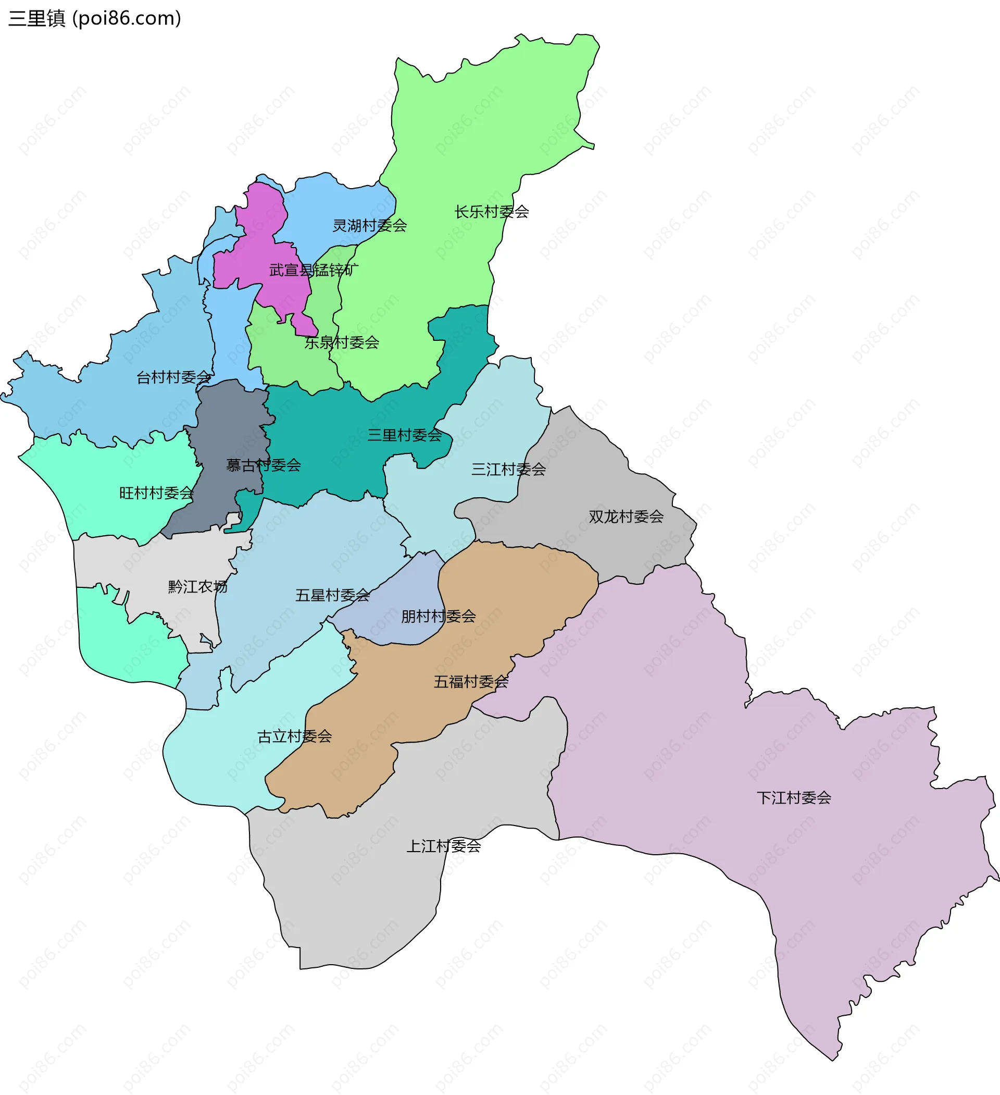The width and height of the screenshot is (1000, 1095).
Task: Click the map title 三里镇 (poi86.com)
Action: pos(94,18)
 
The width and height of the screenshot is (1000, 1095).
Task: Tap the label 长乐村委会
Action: pos(491,212)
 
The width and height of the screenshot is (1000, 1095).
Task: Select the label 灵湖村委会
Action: pos(370,225)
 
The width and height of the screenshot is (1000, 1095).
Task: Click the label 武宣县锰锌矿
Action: pos(314,270)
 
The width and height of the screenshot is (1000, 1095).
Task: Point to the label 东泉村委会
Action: pos(342,343)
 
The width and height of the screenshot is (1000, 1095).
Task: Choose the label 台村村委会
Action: pos(174,377)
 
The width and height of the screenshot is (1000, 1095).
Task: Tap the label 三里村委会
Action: pos(405,435)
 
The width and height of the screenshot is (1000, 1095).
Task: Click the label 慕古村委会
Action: pos(264,465)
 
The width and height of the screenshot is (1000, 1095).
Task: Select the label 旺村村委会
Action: pos(156,493)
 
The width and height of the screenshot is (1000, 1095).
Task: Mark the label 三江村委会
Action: pos(508,469)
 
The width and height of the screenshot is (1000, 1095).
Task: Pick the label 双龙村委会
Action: pos(626,516)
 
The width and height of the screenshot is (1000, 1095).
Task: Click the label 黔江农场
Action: pos(197,587)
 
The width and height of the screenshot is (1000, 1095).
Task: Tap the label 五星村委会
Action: pos(332,595)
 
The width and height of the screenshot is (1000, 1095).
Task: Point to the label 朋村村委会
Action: pos(438,617)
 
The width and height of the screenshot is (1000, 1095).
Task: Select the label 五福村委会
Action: pos(471,682)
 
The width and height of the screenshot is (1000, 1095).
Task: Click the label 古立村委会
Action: pos(294,736)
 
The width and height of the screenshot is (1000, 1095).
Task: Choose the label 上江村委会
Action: pos(444,846)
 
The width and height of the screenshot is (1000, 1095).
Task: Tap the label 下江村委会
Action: pos(794,798)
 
